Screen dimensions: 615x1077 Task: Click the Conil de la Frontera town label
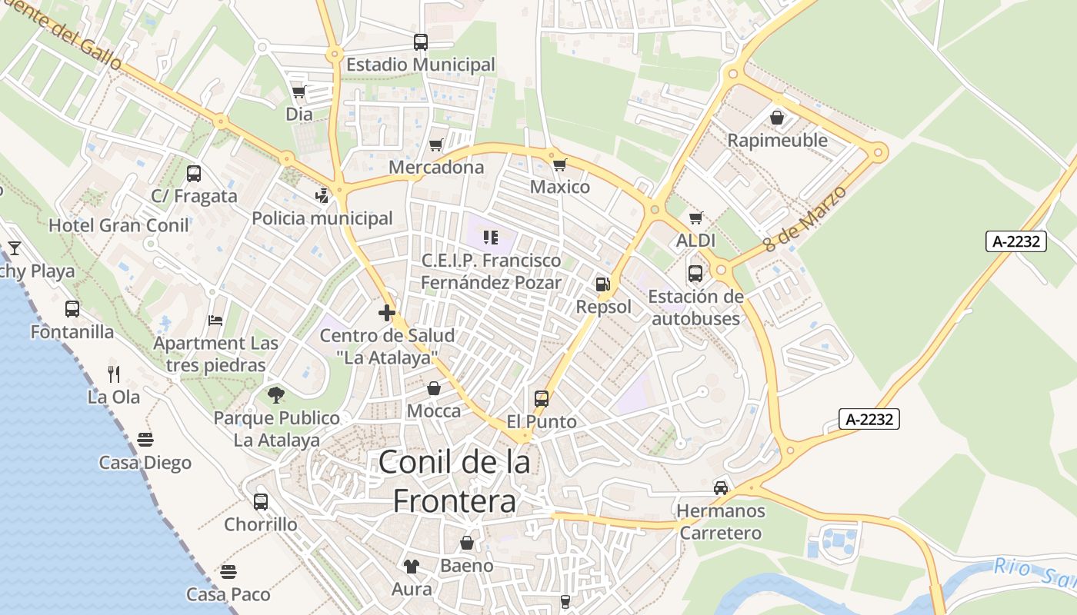455,481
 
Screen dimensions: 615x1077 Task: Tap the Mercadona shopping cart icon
436,145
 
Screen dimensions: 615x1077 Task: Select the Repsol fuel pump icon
602,284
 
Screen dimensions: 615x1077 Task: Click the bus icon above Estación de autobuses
695,274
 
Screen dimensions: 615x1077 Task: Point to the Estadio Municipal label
421,65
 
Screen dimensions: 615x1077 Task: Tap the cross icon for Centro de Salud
387,313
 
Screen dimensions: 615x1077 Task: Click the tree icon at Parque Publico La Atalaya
276,395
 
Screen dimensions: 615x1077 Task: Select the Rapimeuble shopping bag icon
777,118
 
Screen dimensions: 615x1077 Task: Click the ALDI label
695,241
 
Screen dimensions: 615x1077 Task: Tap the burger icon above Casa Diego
145,440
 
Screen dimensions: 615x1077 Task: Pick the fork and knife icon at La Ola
114,374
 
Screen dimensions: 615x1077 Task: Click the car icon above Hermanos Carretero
721,487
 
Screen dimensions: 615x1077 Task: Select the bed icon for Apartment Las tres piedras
215,320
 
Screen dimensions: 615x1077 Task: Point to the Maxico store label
560,187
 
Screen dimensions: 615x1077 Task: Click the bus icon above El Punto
542,399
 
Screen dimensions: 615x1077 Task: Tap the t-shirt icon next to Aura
412,567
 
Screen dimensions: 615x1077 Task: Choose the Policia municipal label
322,218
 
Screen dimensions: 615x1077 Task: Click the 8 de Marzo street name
805,219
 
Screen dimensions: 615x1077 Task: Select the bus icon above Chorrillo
261,502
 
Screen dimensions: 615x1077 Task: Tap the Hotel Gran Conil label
118,225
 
